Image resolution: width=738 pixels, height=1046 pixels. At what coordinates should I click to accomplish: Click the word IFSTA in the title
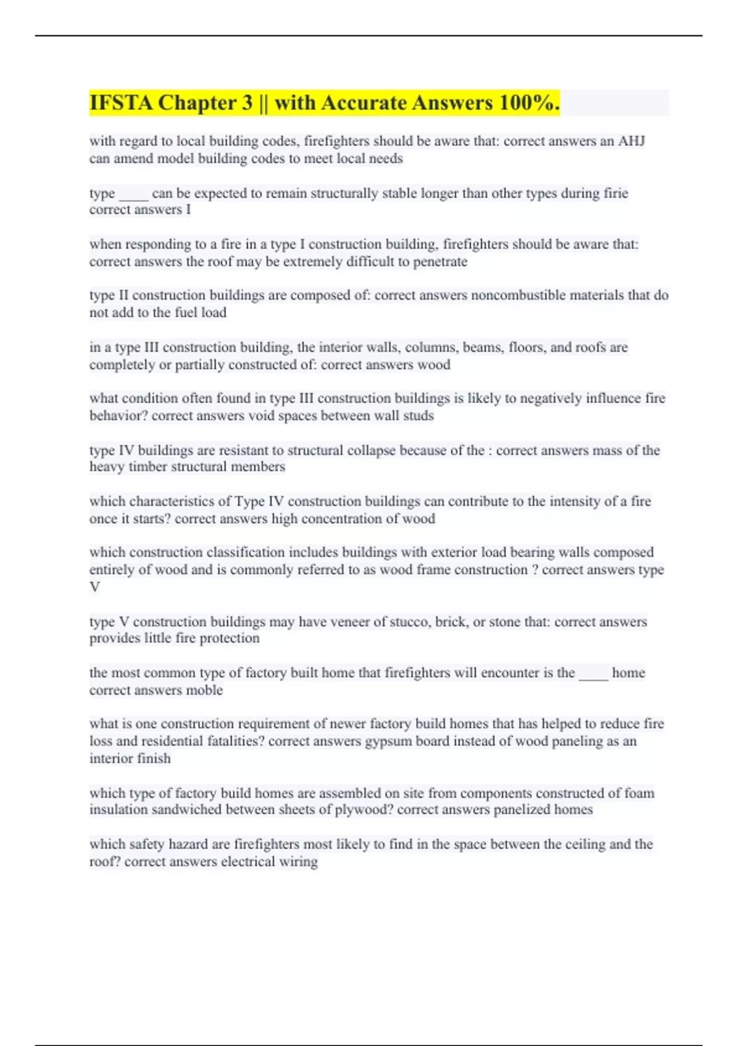pos(121,103)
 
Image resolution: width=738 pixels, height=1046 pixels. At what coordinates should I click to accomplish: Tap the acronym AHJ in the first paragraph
pos(631,141)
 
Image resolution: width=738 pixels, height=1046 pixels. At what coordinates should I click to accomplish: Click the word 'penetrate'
pos(440,261)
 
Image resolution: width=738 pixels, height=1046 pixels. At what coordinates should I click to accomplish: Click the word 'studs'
pos(418,416)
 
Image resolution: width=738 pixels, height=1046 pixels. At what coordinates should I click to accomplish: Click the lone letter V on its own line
pos(95,587)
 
